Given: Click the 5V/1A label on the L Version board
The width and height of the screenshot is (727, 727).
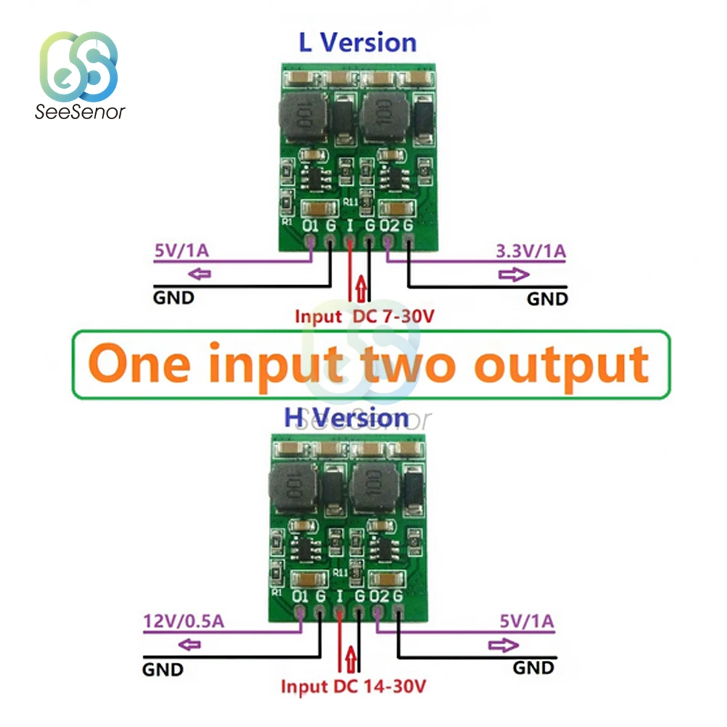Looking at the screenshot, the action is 181,253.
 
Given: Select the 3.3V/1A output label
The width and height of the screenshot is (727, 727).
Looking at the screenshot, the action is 530,253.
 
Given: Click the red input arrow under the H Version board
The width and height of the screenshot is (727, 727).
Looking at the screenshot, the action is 351,658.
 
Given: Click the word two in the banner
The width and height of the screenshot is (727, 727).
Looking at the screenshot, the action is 425,364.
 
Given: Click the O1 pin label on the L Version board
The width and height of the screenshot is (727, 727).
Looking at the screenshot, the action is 310,226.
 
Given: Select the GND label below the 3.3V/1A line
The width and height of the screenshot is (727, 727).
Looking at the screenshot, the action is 547,298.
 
